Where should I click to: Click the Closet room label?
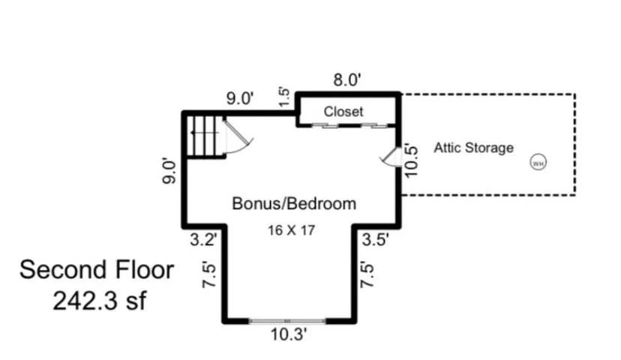point(343,111)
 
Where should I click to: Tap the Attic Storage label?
point(474,148)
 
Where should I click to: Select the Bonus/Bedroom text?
point(294,203)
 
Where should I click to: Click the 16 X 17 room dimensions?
point(291,230)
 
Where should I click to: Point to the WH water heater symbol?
point(538,163)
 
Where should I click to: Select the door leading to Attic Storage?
point(391,157)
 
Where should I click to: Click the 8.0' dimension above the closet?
point(347,79)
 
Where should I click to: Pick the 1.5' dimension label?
point(284,97)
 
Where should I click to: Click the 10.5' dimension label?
point(411,161)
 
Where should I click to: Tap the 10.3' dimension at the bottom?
point(288,334)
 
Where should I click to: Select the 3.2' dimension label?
point(203,239)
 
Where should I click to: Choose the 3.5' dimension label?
point(376,239)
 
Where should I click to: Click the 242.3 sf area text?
point(100,301)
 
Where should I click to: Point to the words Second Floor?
point(97,270)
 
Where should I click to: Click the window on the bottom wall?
point(287,320)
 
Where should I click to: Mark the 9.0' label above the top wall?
point(240,97)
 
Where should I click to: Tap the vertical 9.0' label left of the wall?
point(169,171)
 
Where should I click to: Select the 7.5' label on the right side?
point(367,275)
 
